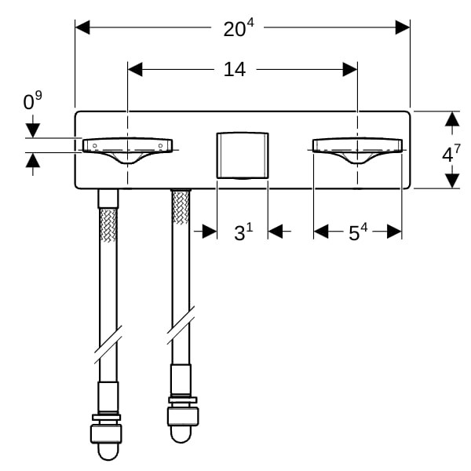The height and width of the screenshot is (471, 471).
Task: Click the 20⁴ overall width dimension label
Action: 239,28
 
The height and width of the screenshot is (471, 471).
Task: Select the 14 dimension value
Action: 235,69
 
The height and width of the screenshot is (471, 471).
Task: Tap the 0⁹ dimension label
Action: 32,100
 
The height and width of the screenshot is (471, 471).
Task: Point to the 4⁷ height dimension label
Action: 451,153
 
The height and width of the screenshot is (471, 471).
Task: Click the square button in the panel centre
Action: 243,155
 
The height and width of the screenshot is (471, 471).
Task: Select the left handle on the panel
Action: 128,150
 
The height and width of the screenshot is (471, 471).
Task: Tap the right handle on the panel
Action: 357,150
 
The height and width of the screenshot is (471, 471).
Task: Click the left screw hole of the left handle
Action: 95,146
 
